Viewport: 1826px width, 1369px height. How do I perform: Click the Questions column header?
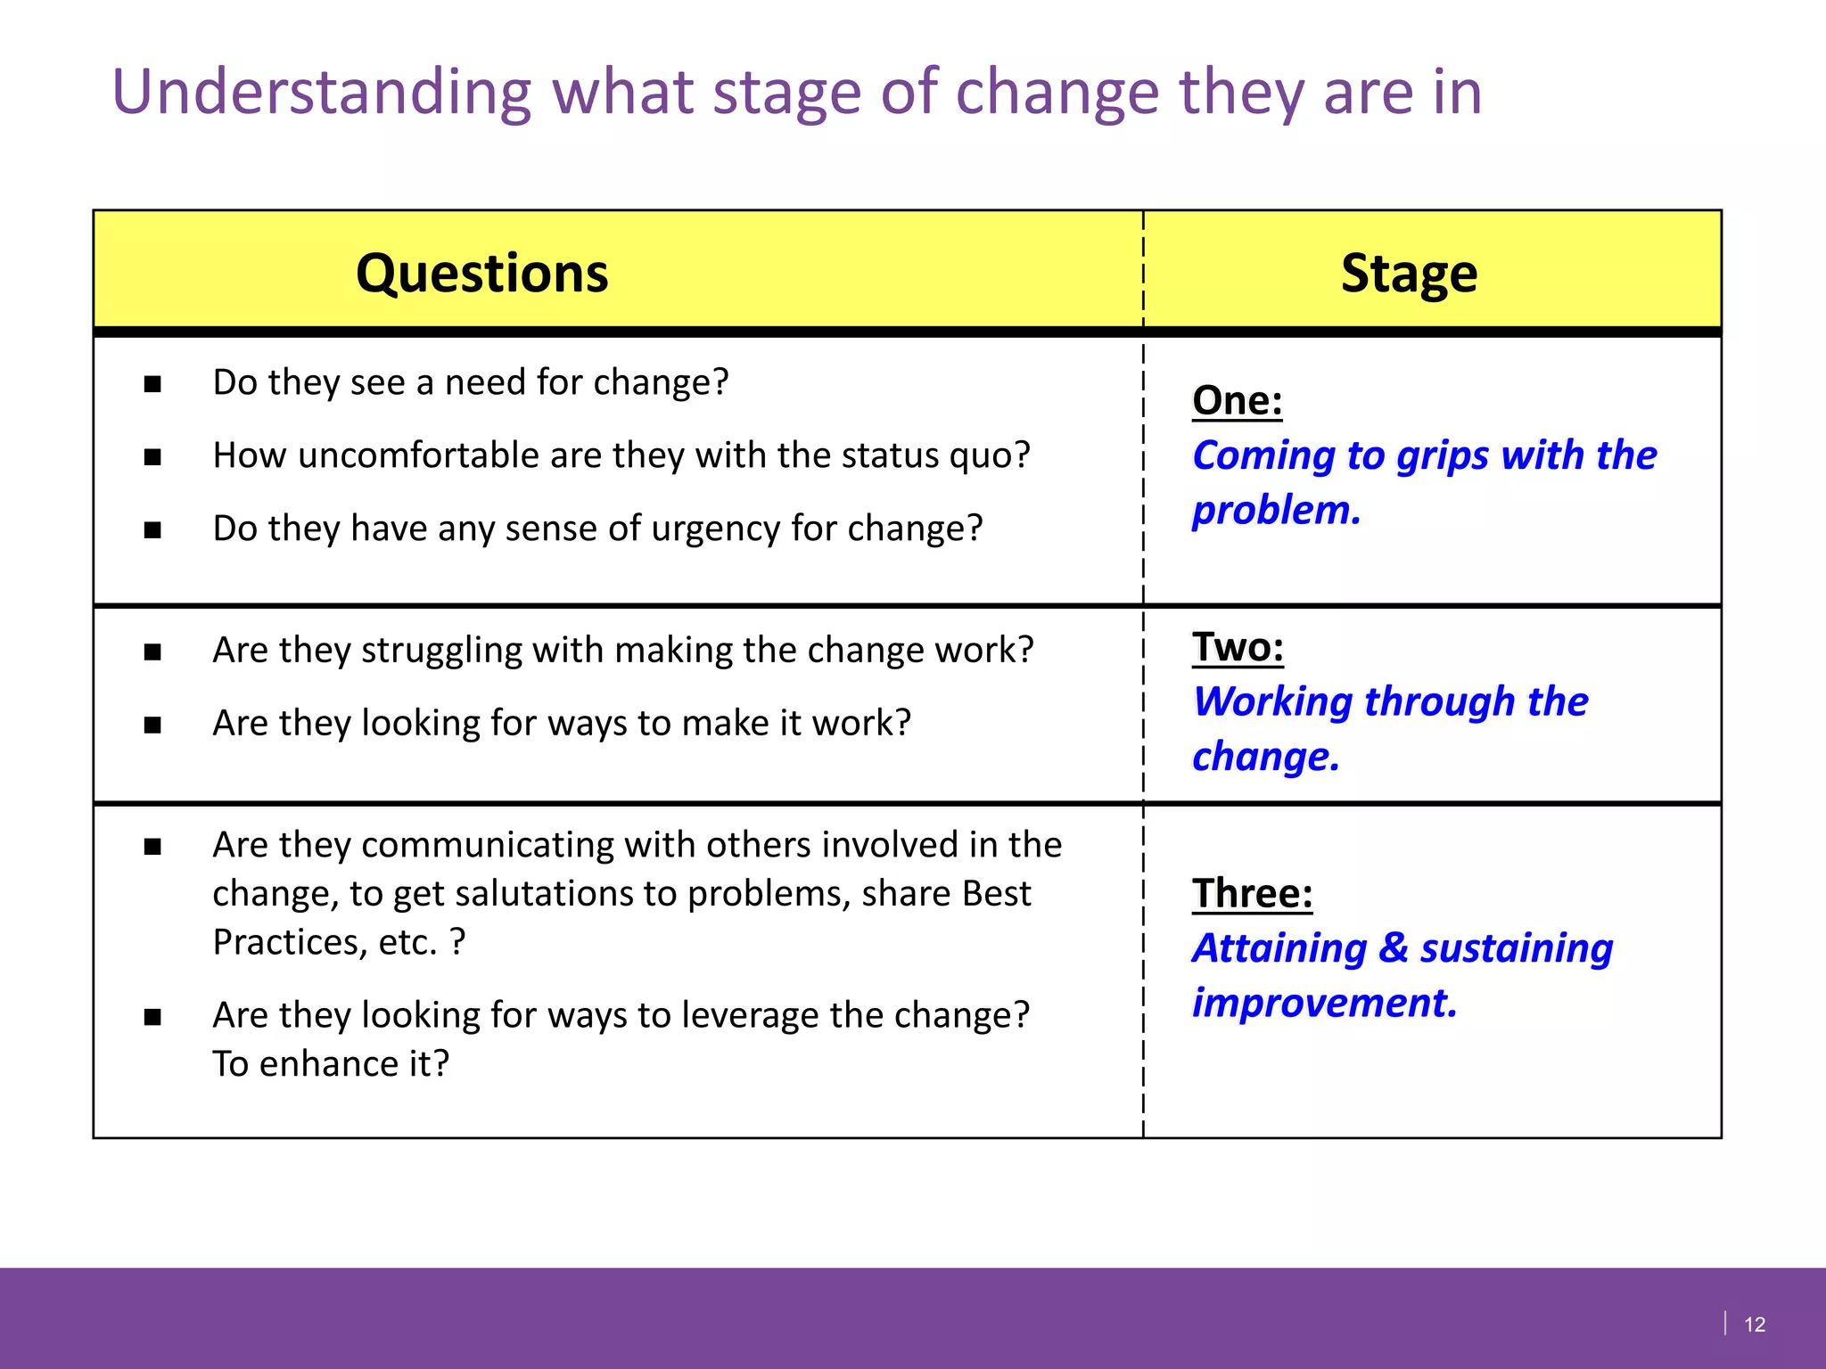coord(481,273)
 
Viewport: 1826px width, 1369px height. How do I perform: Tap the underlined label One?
coord(1238,400)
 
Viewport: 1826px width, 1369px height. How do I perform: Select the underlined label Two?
coord(1238,647)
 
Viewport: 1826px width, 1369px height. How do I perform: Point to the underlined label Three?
coord(1252,893)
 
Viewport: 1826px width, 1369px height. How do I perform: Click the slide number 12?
coord(1754,1324)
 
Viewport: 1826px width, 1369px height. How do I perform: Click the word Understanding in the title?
coord(321,93)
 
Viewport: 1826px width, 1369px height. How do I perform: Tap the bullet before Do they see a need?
coord(152,384)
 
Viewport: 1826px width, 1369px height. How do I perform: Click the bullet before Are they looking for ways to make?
coord(152,725)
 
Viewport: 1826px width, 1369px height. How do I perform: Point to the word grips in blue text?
coord(1443,456)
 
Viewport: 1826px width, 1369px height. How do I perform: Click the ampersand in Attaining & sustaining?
coord(1393,947)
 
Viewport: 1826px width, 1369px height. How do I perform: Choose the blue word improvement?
coord(1324,1003)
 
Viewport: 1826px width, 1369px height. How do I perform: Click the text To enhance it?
coord(331,1064)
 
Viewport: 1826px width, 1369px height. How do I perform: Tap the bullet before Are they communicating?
coord(152,847)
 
